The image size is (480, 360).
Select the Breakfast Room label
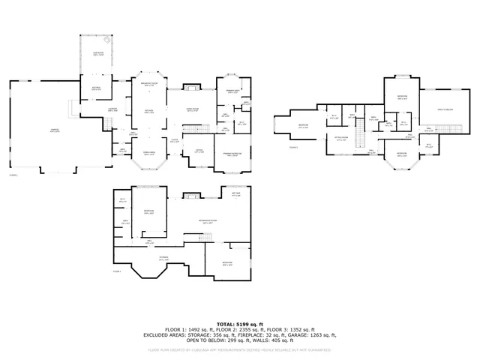149,84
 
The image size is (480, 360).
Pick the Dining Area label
149,154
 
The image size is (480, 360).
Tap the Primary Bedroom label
233,155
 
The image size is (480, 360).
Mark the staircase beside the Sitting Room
358,138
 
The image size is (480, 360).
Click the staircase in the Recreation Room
204,239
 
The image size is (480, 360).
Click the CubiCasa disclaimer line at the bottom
240,349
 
